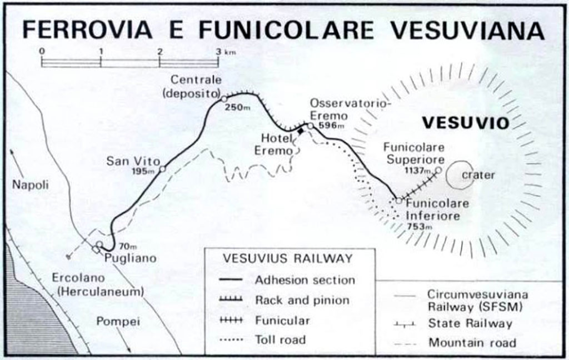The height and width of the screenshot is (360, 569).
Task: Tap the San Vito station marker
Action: [162, 168]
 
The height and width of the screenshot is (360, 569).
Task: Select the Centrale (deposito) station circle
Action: [223, 99]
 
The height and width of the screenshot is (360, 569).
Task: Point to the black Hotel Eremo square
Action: [301, 131]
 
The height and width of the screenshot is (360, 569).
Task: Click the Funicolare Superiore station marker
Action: [438, 171]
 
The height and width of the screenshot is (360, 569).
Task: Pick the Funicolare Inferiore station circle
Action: [398, 201]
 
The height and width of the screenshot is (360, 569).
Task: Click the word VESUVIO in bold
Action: [465, 123]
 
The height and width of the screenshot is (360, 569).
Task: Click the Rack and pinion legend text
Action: [302, 301]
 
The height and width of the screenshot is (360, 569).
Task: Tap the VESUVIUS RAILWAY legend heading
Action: [287, 258]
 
